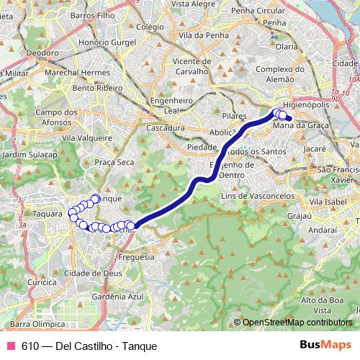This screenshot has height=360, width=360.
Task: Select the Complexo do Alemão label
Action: click(x=277, y=73)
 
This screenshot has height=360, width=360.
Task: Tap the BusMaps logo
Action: click(x=325, y=346)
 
